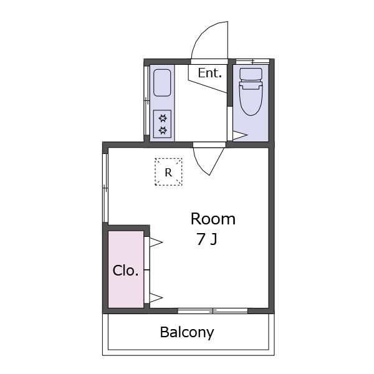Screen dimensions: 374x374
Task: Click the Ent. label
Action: click(x=210, y=73)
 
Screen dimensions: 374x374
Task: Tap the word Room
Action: click(x=213, y=219)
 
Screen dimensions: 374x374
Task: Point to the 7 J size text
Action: click(x=207, y=239)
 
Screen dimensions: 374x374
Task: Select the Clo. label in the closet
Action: click(x=125, y=271)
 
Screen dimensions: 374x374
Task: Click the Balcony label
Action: click(x=187, y=332)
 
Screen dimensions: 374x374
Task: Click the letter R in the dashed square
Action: click(x=168, y=172)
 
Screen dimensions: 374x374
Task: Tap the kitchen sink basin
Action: click(x=162, y=83)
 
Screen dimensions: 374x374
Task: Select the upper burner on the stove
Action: click(x=163, y=118)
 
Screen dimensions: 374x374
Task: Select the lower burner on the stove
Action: click(x=163, y=130)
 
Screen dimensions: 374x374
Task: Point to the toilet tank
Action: click(x=251, y=74)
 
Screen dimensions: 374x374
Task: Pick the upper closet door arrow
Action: click(x=156, y=242)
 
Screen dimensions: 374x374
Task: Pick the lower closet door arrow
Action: click(x=156, y=298)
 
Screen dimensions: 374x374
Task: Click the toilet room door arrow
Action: click(x=240, y=135)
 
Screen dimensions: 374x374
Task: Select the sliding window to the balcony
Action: click(x=213, y=311)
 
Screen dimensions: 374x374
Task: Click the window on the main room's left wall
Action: click(x=105, y=188)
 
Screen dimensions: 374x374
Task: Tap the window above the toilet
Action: click(x=252, y=62)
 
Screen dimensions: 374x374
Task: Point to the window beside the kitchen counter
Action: click(x=146, y=100)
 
